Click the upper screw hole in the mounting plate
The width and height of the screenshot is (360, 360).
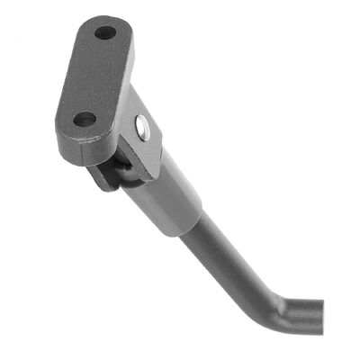(x=105, y=33)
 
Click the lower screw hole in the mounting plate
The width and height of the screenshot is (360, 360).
(x=85, y=118)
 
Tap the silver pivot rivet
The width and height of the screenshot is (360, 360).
(x=142, y=126)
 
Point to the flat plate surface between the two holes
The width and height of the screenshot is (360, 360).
(x=95, y=76)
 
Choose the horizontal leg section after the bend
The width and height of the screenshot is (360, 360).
(x=297, y=315)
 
